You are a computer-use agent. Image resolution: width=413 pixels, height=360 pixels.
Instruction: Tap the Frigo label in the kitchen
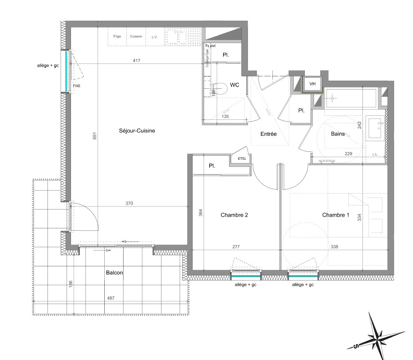point(117,36)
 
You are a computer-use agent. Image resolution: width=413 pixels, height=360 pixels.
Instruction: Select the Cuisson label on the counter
point(136,36)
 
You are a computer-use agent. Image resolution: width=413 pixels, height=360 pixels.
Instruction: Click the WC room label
point(234,86)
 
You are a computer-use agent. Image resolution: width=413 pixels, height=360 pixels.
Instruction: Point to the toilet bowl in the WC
point(220,89)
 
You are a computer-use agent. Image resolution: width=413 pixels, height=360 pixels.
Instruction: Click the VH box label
point(312,83)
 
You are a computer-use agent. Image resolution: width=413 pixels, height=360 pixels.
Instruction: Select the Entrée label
point(268,134)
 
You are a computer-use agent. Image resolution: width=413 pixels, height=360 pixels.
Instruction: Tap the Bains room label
point(338,134)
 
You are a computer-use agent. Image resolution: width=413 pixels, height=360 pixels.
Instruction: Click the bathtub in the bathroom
point(351,98)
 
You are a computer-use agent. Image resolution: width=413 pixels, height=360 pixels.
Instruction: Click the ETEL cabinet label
point(242,158)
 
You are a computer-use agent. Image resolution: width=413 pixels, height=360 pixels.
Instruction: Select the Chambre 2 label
point(234,215)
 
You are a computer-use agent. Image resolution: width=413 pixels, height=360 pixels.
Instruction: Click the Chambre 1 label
point(336,215)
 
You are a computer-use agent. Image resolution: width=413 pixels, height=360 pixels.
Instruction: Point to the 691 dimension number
point(94,137)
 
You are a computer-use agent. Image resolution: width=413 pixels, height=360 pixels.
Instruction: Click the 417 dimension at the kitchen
point(136,60)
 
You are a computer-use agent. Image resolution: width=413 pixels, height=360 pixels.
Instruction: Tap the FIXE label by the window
point(77,86)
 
